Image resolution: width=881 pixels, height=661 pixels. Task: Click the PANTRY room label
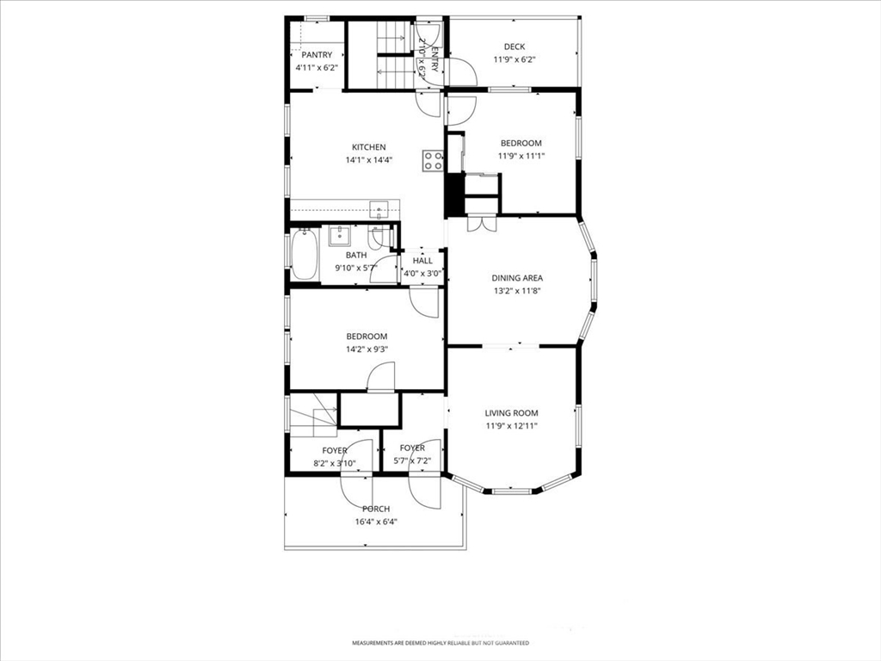pyautogui.click(x=317, y=55)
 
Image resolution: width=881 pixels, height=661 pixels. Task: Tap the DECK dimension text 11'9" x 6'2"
pyautogui.click(x=514, y=59)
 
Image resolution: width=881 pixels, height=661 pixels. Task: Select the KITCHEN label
pyautogui.click(x=368, y=147)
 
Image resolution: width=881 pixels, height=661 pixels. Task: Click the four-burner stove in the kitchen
pyautogui.click(x=433, y=160)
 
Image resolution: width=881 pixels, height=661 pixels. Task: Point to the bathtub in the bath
pyautogui.click(x=305, y=254)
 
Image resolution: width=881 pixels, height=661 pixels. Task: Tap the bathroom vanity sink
pyautogui.click(x=339, y=236)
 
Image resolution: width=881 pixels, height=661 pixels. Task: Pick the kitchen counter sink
pyautogui.click(x=379, y=209)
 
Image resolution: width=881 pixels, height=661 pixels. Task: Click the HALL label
pyautogui.click(x=422, y=261)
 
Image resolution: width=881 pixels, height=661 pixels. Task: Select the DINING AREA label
pyautogui.click(x=517, y=278)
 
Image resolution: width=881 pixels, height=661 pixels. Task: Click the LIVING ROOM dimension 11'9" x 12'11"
pyautogui.click(x=512, y=426)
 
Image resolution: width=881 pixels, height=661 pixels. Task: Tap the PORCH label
pyautogui.click(x=376, y=509)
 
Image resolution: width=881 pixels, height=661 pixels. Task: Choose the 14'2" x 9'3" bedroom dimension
pyautogui.click(x=367, y=349)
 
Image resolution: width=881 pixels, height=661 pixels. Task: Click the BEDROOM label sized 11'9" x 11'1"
pyautogui.click(x=521, y=144)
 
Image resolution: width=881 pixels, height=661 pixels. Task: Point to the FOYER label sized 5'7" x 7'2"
pyautogui.click(x=412, y=448)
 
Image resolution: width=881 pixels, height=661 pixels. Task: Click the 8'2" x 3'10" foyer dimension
pyautogui.click(x=335, y=464)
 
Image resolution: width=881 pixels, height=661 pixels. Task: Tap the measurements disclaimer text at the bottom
pyautogui.click(x=440, y=642)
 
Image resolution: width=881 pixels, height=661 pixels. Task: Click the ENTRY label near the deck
pyautogui.click(x=434, y=58)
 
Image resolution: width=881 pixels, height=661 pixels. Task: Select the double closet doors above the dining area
pyautogui.click(x=482, y=223)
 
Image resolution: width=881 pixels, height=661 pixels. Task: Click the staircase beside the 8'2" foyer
pyautogui.click(x=313, y=415)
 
